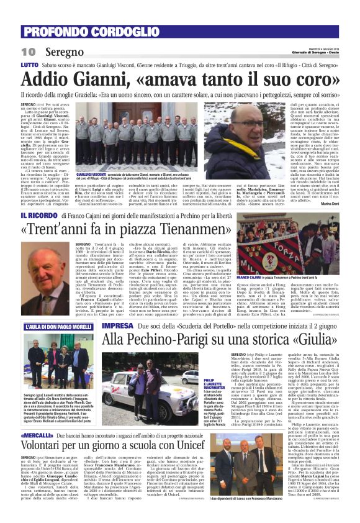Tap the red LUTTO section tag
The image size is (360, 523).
click(x=29, y=65)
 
